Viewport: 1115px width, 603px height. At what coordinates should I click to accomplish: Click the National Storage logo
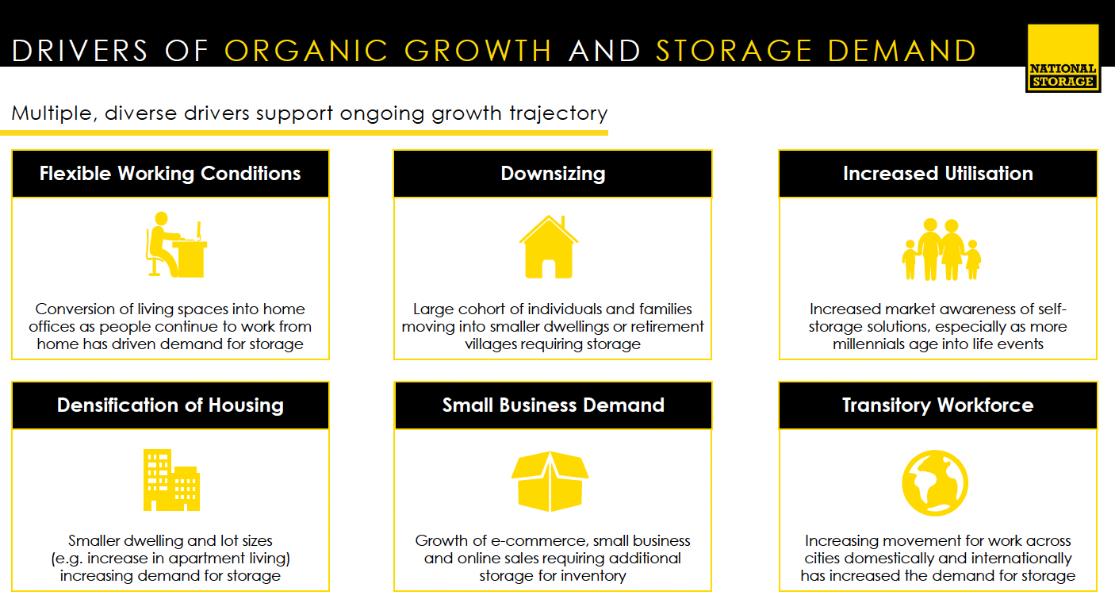[1063, 58]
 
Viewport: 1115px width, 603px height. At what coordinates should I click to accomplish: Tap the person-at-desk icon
[176, 244]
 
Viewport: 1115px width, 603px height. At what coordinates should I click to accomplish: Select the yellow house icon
[549, 247]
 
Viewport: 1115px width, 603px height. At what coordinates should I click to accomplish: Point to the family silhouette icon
[941, 249]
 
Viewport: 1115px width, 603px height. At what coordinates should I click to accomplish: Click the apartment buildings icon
[171, 480]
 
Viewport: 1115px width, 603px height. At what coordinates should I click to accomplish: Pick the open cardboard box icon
[550, 481]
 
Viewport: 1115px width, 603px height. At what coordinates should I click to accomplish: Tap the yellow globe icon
[935, 482]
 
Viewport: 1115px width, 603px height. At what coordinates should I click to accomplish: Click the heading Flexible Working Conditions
[171, 173]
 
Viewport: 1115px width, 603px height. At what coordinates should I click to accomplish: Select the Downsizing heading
[553, 174]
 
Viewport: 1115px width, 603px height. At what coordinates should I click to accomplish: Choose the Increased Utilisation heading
[938, 173]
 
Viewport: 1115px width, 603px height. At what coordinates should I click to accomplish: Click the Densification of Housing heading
[171, 405]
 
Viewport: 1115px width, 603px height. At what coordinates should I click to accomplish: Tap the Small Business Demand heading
[553, 405]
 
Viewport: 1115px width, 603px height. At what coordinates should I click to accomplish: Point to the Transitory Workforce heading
[938, 405]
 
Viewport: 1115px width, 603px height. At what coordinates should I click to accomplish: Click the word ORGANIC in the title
[306, 51]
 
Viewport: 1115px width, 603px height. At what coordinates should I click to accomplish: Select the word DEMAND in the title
[902, 51]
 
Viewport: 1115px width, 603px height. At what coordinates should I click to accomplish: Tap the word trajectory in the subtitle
[558, 114]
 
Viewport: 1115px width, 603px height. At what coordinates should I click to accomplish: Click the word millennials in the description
[868, 344]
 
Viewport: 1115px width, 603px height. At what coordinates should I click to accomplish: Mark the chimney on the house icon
[563, 222]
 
